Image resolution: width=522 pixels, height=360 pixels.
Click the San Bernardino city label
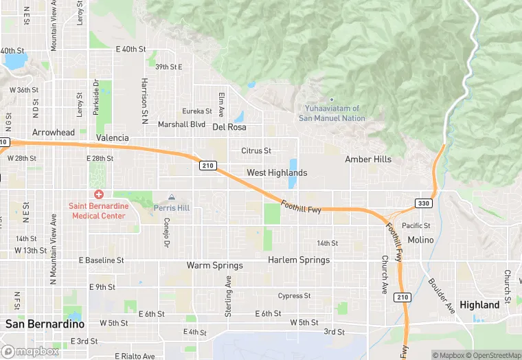(45, 324)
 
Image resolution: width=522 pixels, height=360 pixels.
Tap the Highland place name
(479, 304)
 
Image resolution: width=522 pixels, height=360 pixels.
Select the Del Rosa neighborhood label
(229, 127)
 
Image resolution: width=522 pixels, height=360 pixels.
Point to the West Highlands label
(277, 172)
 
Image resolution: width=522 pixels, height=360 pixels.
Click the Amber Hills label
(368, 159)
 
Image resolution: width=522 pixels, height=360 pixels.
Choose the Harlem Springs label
(299, 260)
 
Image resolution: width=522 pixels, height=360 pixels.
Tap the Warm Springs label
(215, 265)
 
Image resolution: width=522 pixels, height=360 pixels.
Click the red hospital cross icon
(100, 195)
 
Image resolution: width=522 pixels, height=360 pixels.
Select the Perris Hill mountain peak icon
(172, 197)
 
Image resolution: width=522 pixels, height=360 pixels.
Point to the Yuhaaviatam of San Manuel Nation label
(332, 113)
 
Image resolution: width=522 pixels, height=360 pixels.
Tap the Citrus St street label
(256, 150)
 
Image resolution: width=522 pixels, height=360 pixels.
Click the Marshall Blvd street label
(181, 124)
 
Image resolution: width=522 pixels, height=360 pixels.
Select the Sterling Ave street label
(229, 296)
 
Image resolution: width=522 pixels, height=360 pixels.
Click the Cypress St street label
(294, 296)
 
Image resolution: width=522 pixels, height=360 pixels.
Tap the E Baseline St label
(101, 260)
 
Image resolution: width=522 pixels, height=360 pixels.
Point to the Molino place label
(420, 240)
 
